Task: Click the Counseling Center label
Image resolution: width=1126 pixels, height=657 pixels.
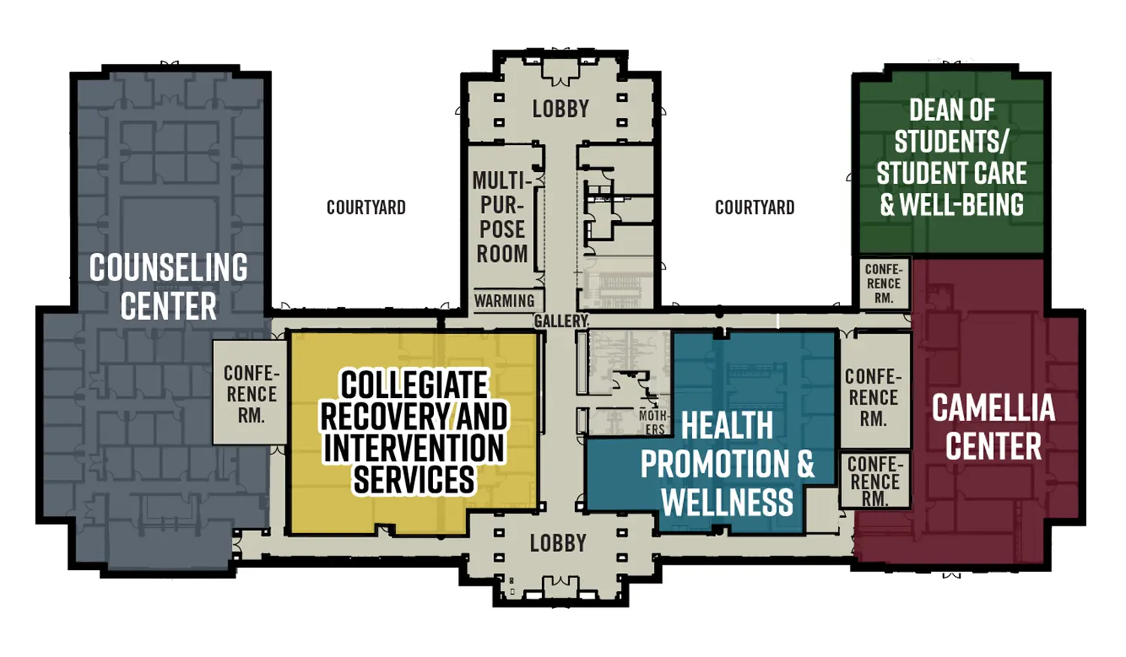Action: pyautogui.click(x=168, y=287)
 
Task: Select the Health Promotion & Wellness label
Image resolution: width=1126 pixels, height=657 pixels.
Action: pyautogui.click(x=727, y=464)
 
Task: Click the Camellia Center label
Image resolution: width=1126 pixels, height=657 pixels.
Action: pyautogui.click(x=993, y=427)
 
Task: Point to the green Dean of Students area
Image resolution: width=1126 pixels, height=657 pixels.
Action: pyautogui.click(x=951, y=158)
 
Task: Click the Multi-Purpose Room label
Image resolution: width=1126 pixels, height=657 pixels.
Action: pyautogui.click(x=502, y=217)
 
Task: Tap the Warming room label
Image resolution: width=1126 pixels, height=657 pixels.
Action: pyautogui.click(x=504, y=301)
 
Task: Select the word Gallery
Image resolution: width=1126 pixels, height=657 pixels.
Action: pyautogui.click(x=561, y=321)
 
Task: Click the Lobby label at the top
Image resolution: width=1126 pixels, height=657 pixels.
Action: pyautogui.click(x=561, y=109)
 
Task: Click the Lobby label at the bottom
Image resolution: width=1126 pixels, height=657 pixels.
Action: pyautogui.click(x=558, y=543)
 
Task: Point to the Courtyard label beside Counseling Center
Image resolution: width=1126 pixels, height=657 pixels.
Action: pyautogui.click(x=366, y=207)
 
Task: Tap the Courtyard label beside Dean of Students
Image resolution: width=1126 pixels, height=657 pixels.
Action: pyautogui.click(x=754, y=207)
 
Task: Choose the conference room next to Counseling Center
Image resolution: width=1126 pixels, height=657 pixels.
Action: pyautogui.click(x=251, y=393)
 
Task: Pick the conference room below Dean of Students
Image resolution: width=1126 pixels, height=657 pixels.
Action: pyautogui.click(x=883, y=284)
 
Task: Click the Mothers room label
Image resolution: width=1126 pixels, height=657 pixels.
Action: pyautogui.click(x=653, y=422)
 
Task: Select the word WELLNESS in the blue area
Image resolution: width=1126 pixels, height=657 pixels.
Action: pyautogui.click(x=727, y=502)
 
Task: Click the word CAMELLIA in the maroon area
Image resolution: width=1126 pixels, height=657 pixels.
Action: pyautogui.click(x=993, y=408)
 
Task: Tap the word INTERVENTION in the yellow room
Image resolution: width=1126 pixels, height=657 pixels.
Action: pyautogui.click(x=414, y=448)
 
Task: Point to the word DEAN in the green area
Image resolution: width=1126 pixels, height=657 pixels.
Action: pyautogui.click(x=930, y=110)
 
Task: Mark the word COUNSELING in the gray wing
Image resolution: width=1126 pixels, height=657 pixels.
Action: pyautogui.click(x=168, y=268)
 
